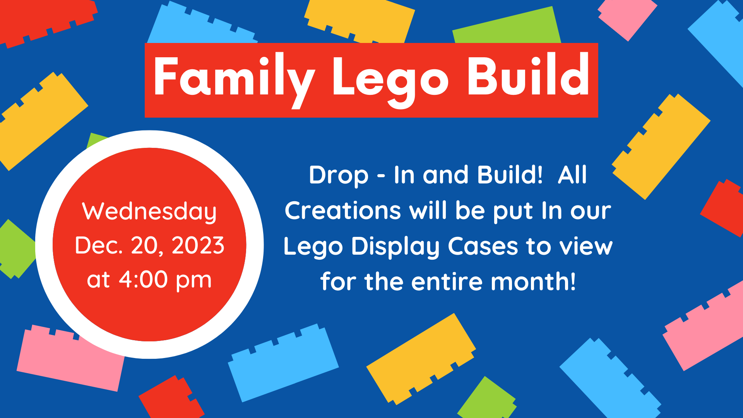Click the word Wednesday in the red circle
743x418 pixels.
(149, 212)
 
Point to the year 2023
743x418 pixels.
(198, 245)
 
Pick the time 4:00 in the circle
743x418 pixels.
(143, 279)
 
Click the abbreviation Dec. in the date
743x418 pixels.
(99, 245)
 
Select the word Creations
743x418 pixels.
(343, 211)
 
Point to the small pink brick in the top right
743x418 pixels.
(627, 17)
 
